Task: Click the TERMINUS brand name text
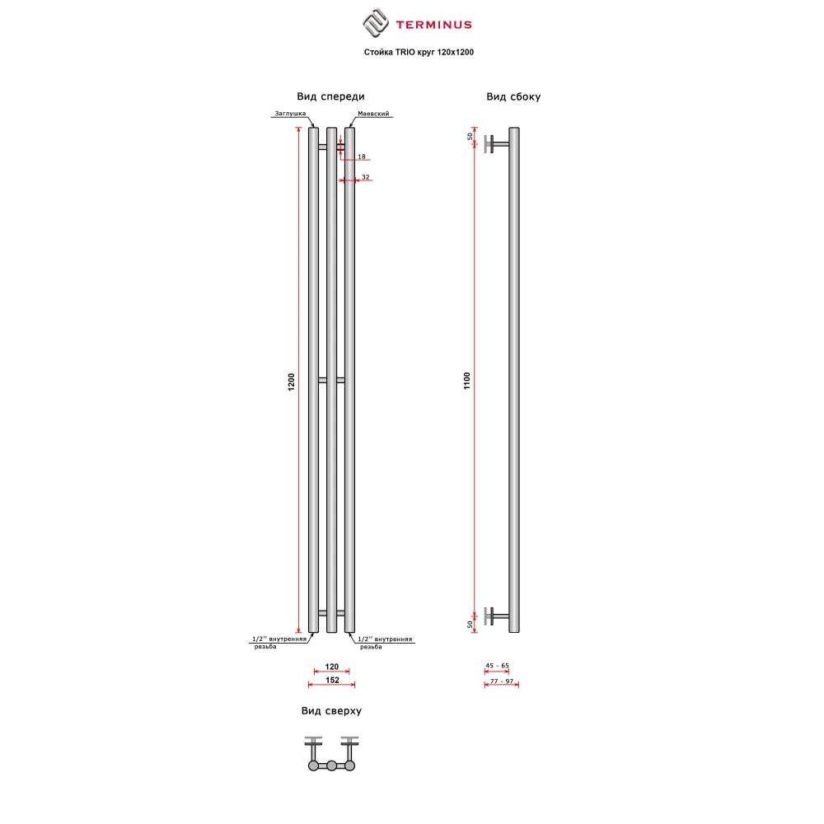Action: tap(433, 25)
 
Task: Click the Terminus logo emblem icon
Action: tap(376, 23)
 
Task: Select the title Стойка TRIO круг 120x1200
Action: tap(419, 52)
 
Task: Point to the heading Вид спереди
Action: tap(330, 96)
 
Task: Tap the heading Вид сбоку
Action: tap(513, 96)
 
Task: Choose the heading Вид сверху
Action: tap(331, 711)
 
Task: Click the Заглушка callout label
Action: tap(290, 114)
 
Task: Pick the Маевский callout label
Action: tap(373, 114)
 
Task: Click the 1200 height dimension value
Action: tap(292, 382)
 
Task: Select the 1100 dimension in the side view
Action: tap(467, 381)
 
